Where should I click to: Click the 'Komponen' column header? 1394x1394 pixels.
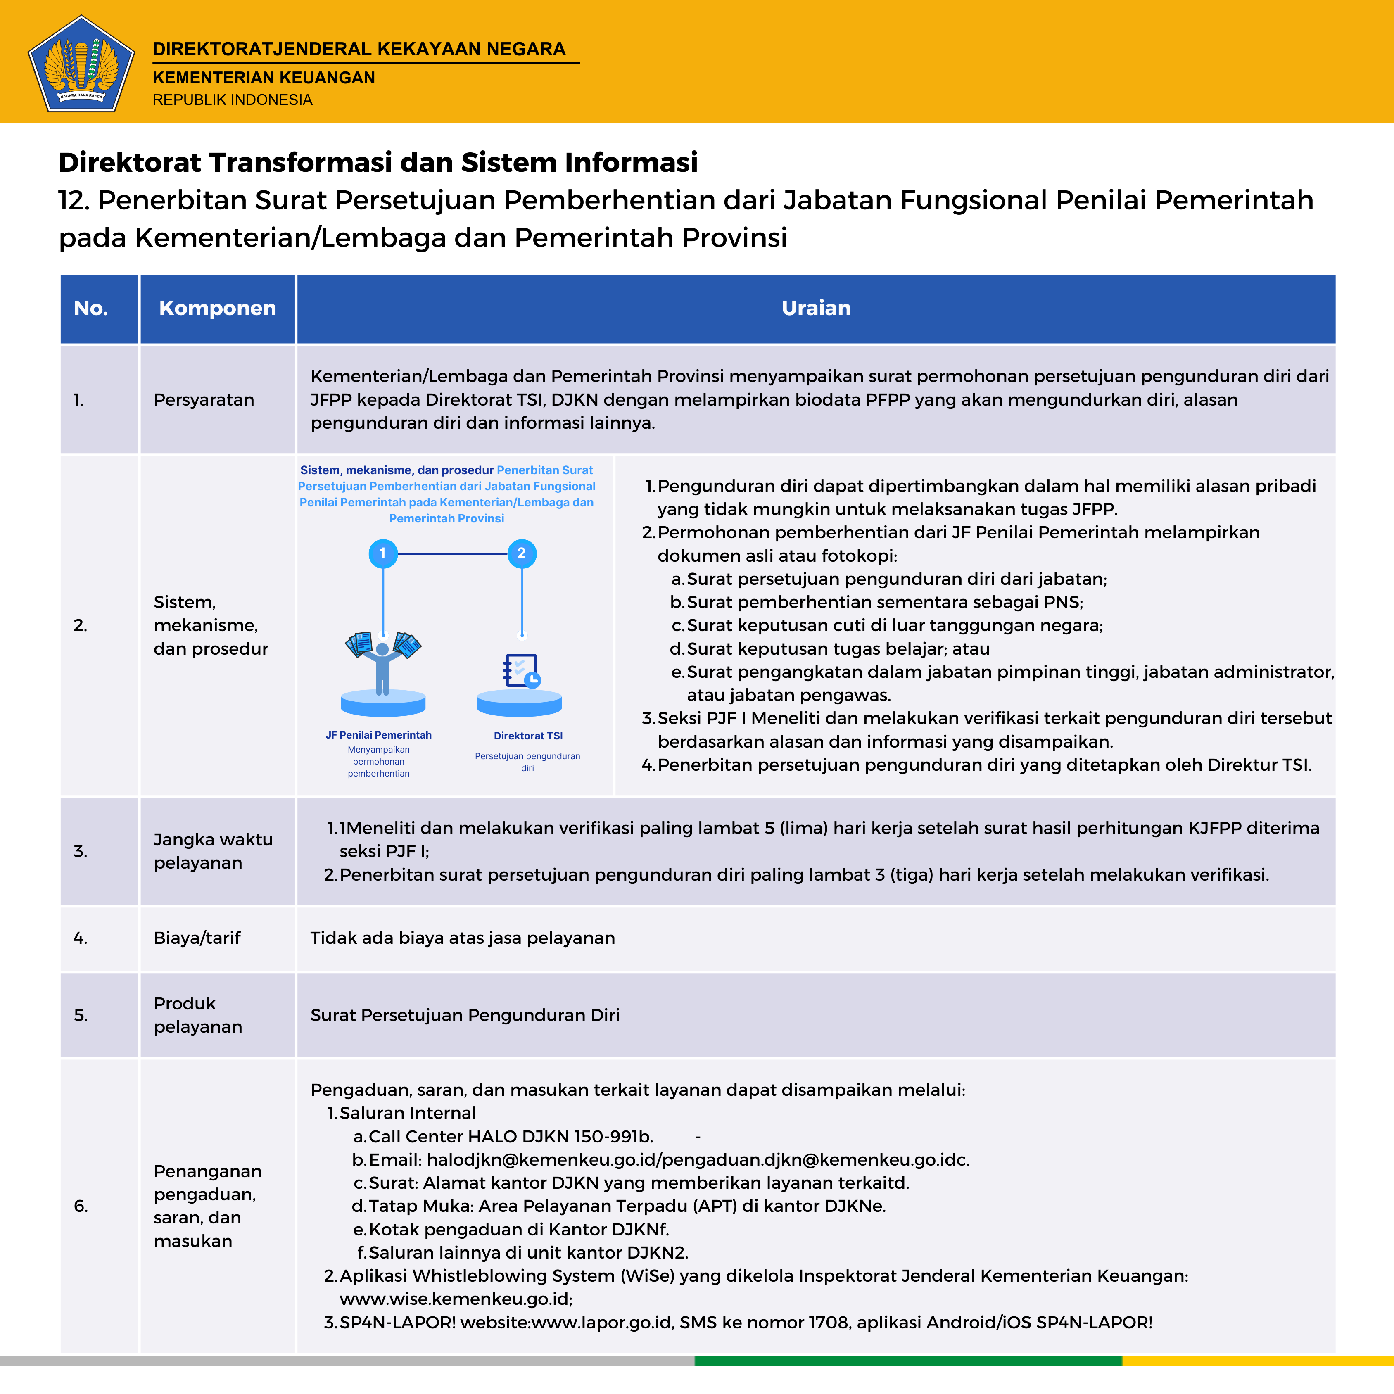[217, 308]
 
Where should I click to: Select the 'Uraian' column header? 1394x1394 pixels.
[816, 308]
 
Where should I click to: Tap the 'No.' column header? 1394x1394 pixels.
[91, 308]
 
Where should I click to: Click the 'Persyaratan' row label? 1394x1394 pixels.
[204, 400]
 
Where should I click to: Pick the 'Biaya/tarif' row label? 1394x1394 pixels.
[197, 938]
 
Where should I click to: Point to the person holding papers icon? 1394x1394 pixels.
[382, 660]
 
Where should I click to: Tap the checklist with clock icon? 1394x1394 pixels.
[521, 671]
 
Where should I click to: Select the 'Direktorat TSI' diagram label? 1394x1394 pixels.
[528, 736]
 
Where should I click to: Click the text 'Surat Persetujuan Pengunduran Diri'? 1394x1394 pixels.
[465, 1015]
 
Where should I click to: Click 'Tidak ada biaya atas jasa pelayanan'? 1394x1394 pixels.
[463, 938]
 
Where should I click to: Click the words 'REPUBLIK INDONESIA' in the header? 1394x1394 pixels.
[232, 100]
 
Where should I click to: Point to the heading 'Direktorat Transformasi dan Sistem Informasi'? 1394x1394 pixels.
[378, 162]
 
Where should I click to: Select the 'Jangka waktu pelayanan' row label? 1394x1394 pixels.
[213, 851]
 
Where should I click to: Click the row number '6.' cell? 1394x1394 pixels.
[81, 1206]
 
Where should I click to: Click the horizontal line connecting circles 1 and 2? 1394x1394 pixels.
[452, 553]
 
